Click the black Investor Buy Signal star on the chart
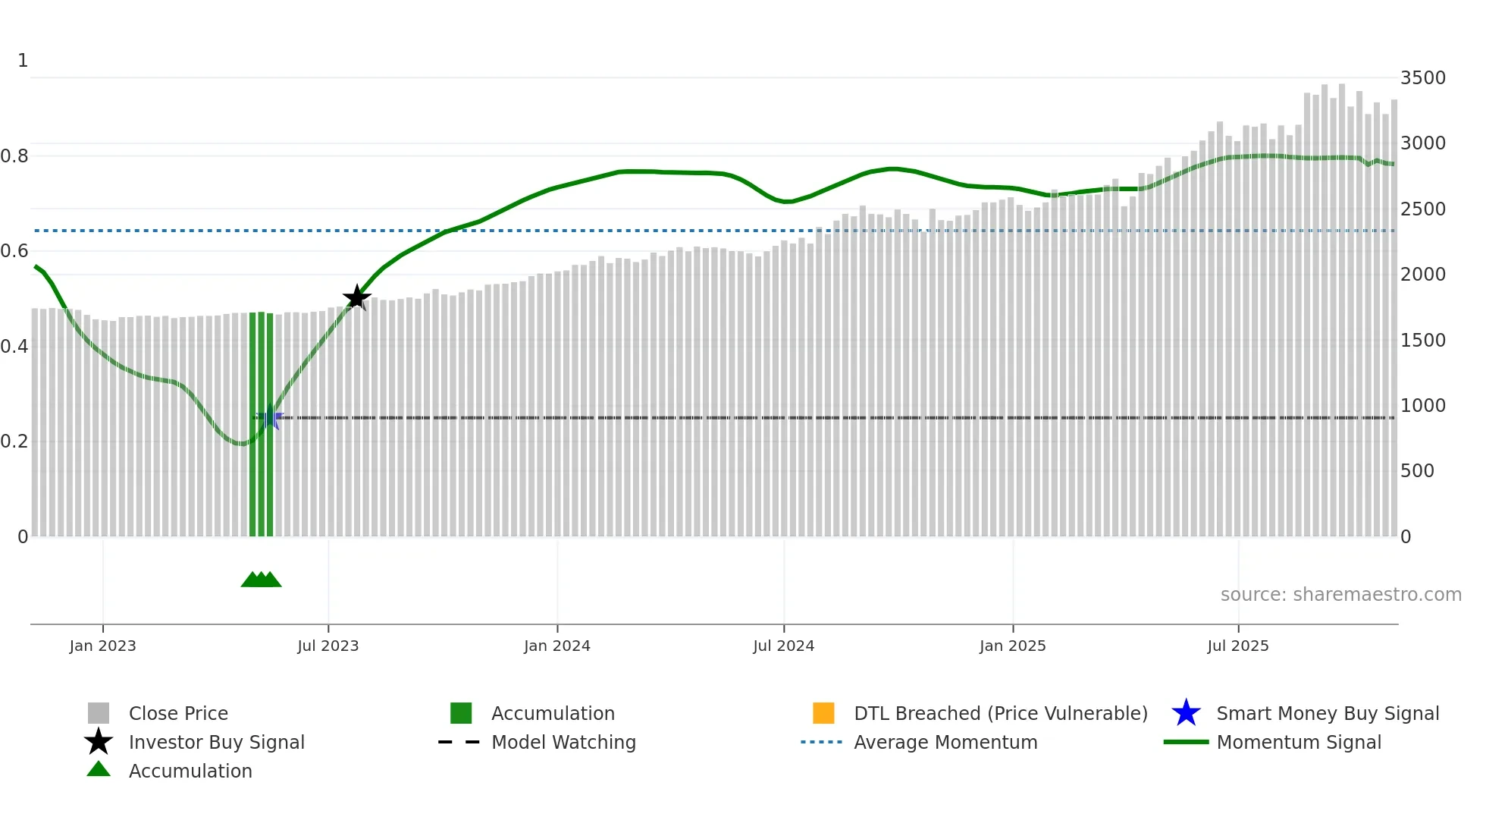[356, 297]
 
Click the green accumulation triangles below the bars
[261, 580]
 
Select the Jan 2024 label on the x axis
[556, 646]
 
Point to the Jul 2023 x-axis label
[328, 646]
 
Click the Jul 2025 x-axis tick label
[1237, 646]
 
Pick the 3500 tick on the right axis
[1422, 78]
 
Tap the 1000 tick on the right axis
[1422, 406]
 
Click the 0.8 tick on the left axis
[14, 156]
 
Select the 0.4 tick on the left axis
[14, 347]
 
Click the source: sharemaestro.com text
[1340, 595]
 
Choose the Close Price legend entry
[178, 713]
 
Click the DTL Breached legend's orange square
[823, 713]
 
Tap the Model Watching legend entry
[563, 742]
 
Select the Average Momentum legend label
[945, 742]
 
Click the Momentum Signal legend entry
[1298, 742]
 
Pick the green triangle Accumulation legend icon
[99, 769]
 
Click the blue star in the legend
[1186, 713]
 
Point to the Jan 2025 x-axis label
[1012, 646]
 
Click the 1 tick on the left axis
[23, 61]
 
